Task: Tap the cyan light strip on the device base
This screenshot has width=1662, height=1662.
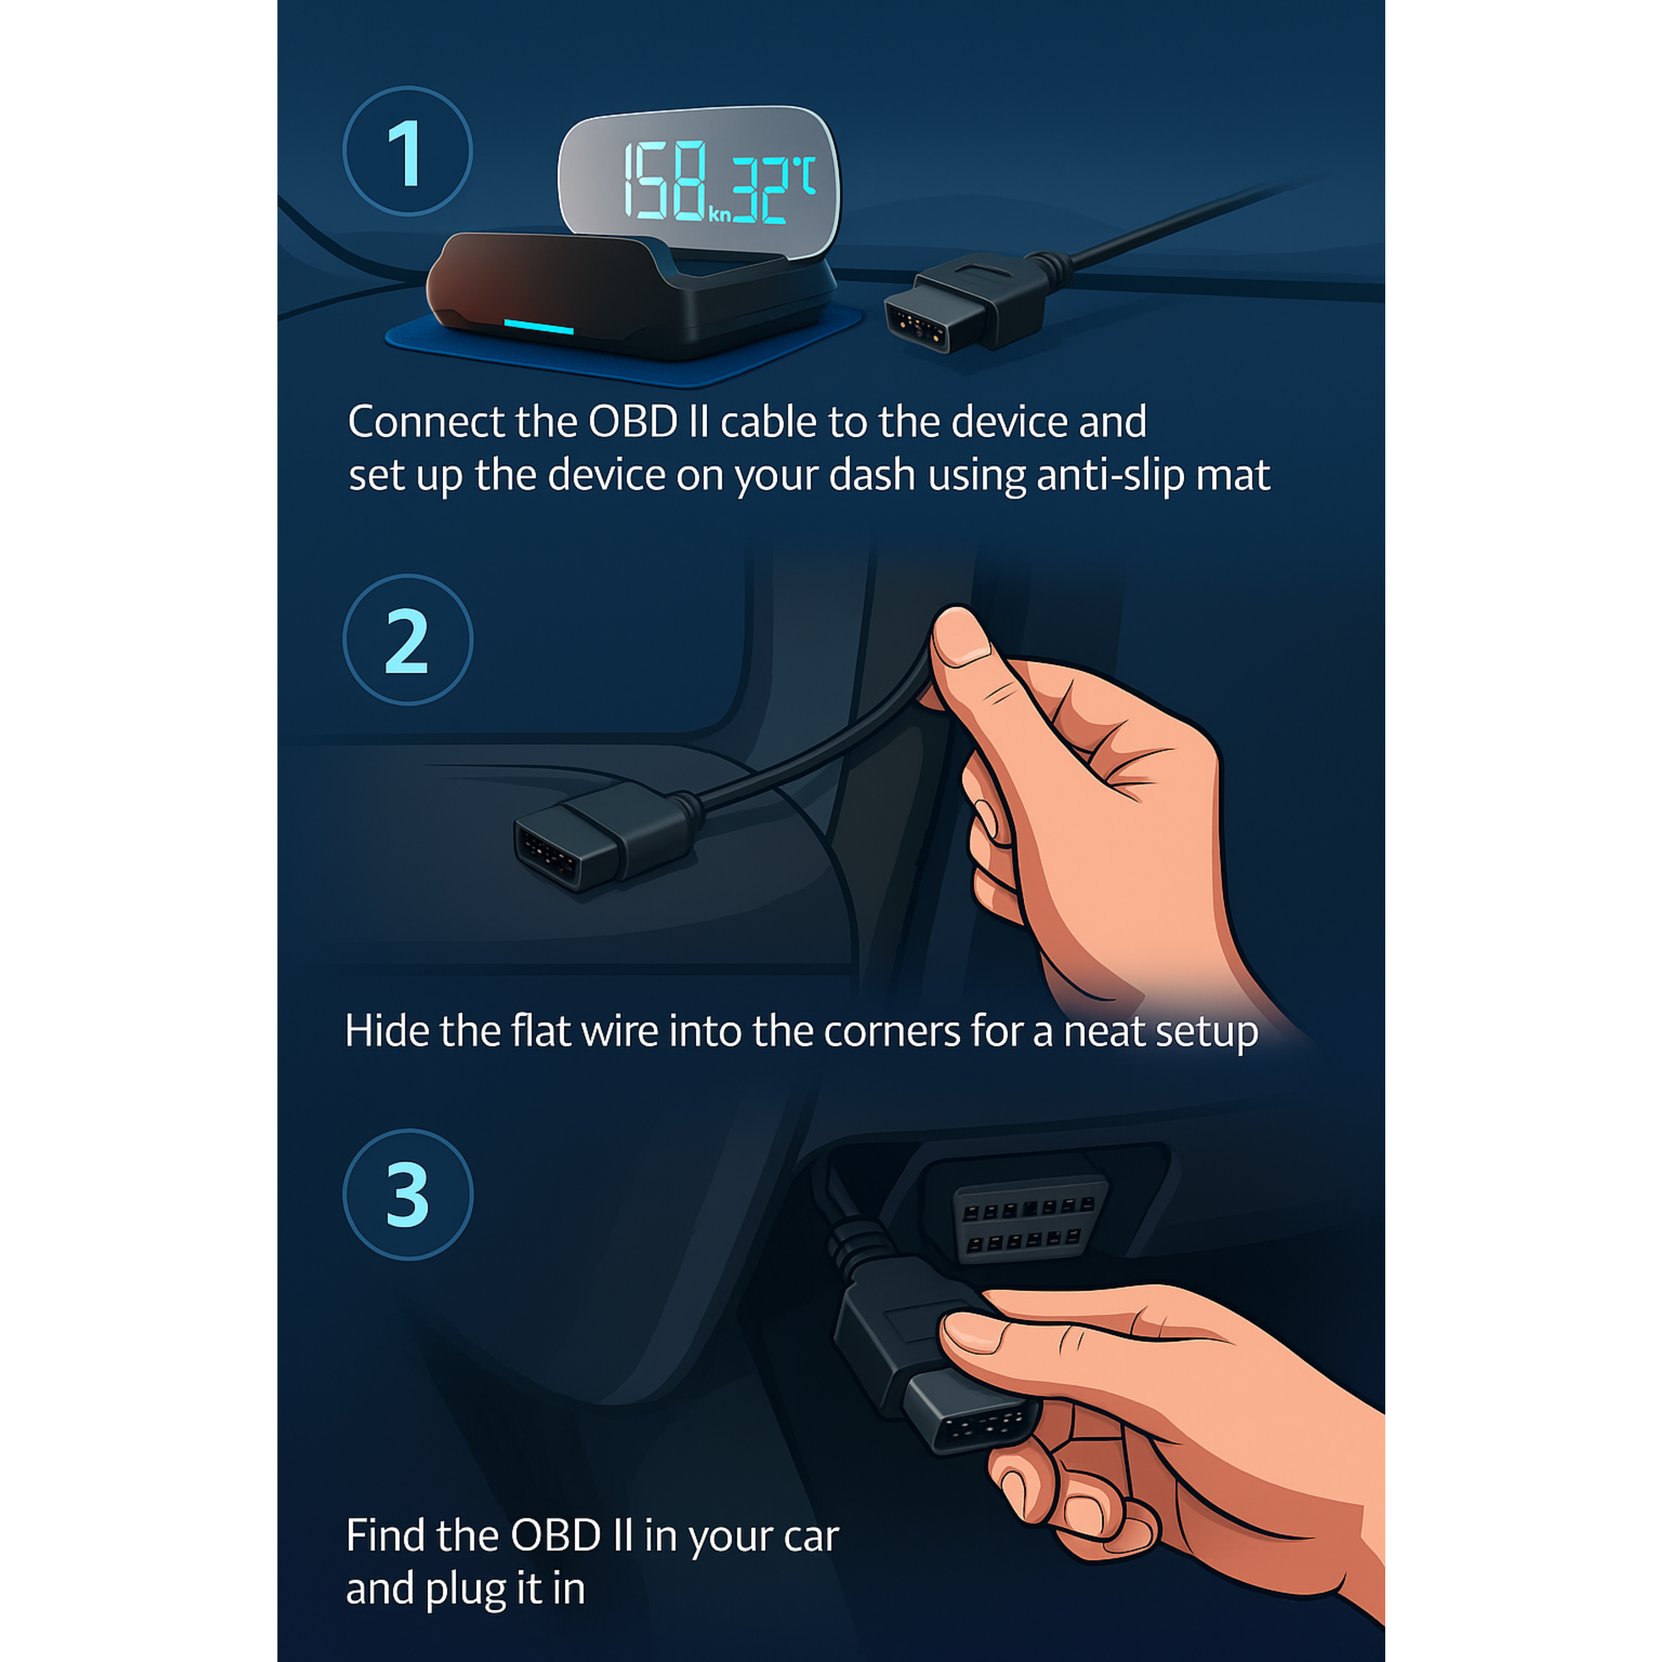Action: coord(539,327)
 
